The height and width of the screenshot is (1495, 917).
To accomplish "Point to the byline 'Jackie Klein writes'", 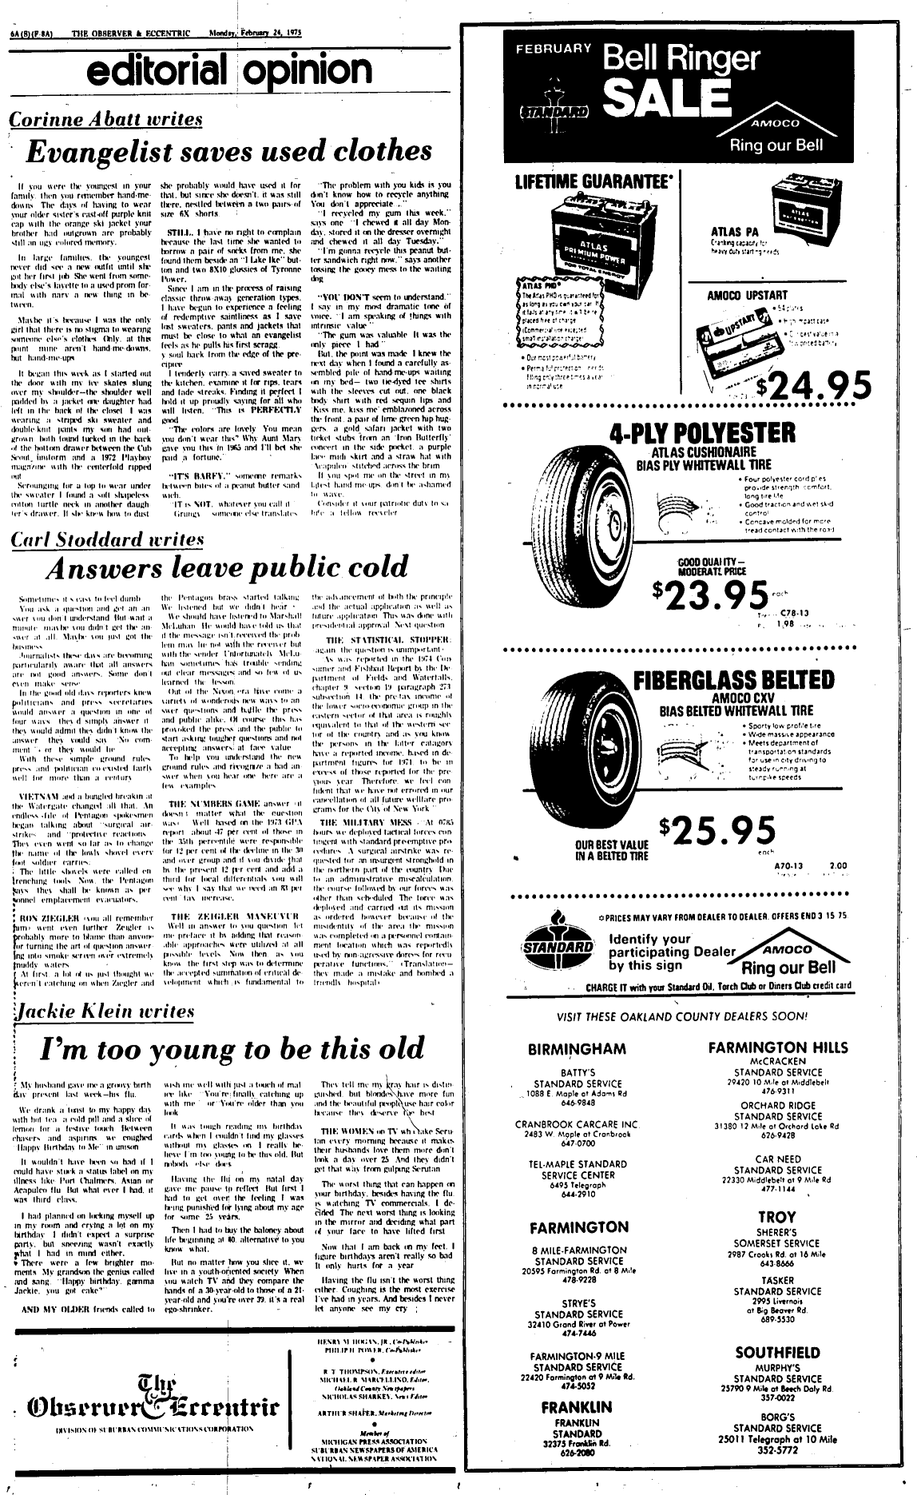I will coord(103,1012).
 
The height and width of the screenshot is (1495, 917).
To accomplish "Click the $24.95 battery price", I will coord(814,386).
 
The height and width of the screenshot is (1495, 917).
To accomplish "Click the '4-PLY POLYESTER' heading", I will coord(702,434).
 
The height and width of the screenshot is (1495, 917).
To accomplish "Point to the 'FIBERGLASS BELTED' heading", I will coord(733,681).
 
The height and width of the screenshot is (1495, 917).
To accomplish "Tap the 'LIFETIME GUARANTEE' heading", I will coord(592,181).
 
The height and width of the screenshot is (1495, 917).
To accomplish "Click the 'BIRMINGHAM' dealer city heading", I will coord(576,1048).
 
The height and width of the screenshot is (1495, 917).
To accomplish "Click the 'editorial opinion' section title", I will coord(230,73).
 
